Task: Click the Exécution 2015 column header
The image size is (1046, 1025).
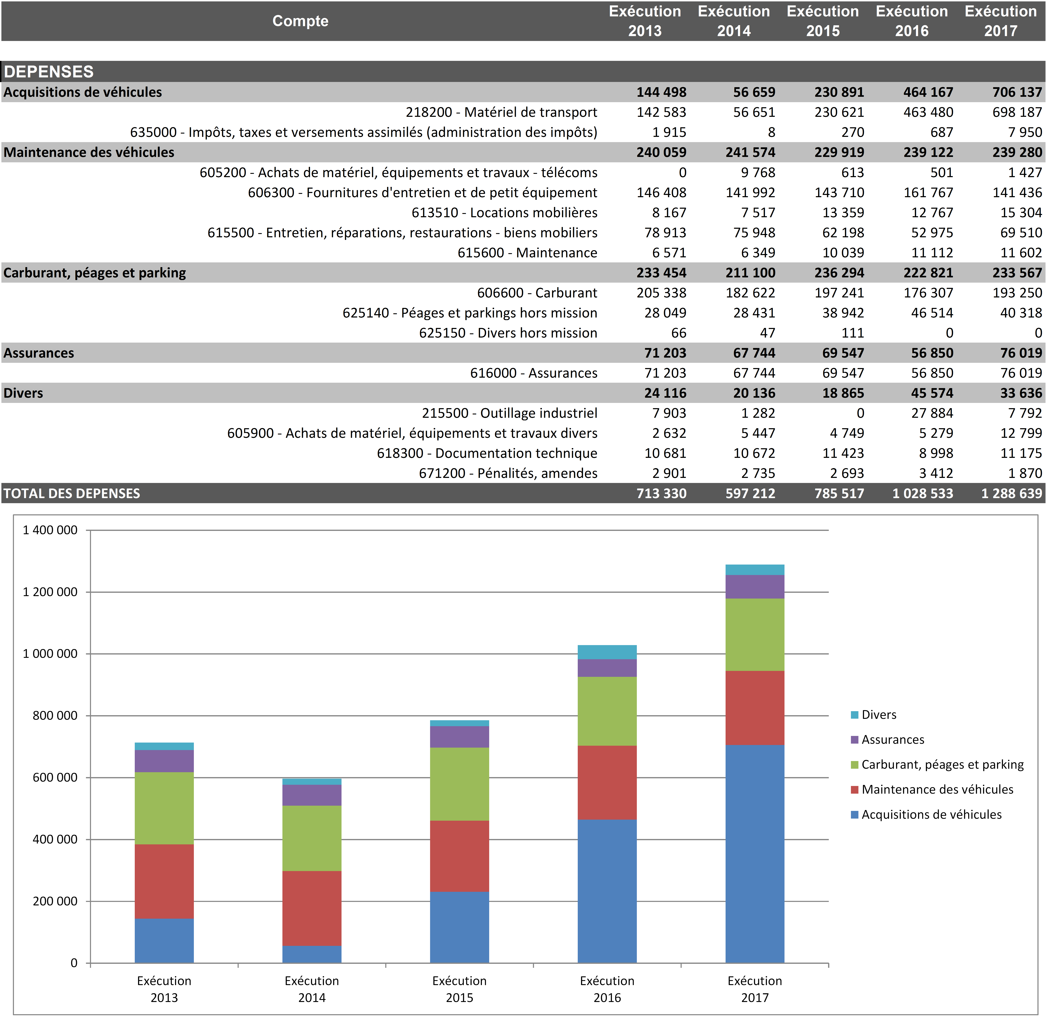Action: click(823, 21)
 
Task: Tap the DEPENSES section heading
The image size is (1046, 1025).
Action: click(48, 72)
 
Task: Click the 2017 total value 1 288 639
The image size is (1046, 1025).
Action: click(1011, 494)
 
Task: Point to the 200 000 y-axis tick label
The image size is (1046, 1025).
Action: click(55, 901)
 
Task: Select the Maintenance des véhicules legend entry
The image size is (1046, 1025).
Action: click(937, 790)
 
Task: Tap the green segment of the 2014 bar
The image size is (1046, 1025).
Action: click(312, 838)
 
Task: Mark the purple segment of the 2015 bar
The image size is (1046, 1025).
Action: click(459, 737)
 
